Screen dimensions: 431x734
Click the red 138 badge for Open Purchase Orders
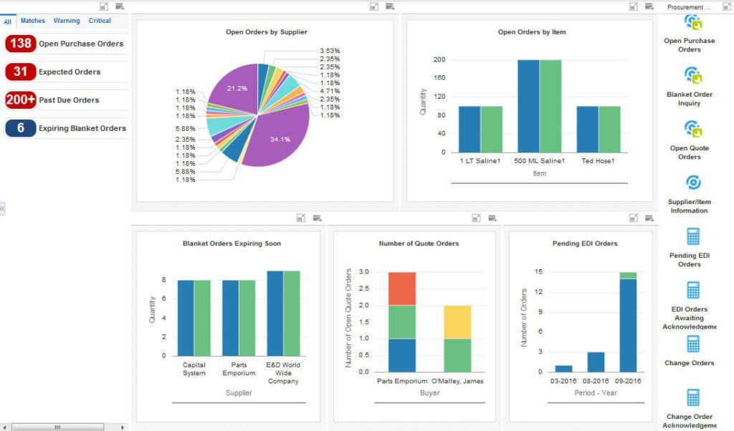(20, 44)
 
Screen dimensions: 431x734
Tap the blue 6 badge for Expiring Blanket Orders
(20, 128)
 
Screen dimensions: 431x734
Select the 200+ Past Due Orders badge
(20, 100)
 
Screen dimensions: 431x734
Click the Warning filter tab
(67, 21)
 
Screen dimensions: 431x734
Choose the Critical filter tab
(100, 21)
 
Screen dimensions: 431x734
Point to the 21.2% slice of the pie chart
(233, 89)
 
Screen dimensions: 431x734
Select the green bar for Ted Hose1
(609, 129)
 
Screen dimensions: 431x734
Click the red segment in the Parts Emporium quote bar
(402, 289)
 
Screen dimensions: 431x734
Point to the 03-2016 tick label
(563, 381)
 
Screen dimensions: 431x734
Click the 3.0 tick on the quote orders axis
(363, 272)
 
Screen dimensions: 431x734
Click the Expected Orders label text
(70, 72)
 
